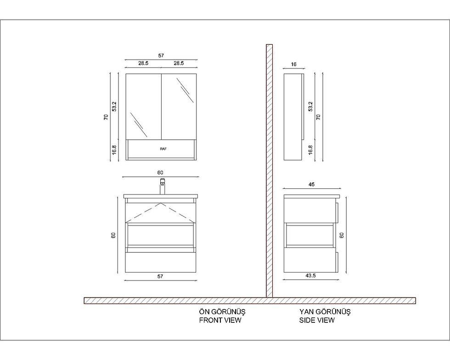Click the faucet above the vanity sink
[163, 186]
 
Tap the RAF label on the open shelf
[163, 149]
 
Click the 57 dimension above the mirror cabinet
[161, 56]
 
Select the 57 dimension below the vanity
[160, 276]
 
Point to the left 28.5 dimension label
[143, 63]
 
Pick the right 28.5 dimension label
[179, 63]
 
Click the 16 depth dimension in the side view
[293, 64]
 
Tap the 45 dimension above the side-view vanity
[311, 184]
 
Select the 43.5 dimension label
[310, 276]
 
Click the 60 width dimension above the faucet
[160, 173]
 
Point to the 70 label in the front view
[106, 117]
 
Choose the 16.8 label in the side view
[310, 150]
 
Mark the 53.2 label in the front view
[114, 107]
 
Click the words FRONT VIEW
[220, 320]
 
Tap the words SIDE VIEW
[317, 320]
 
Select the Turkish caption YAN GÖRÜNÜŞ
[325, 312]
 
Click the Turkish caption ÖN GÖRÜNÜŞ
[222, 312]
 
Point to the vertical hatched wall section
[269, 171]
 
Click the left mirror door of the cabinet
[143, 107]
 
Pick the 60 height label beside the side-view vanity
[342, 235]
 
